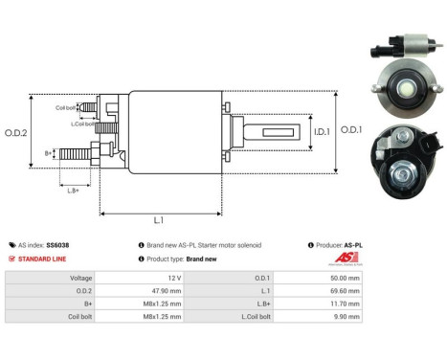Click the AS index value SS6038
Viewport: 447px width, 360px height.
[x=58, y=245]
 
